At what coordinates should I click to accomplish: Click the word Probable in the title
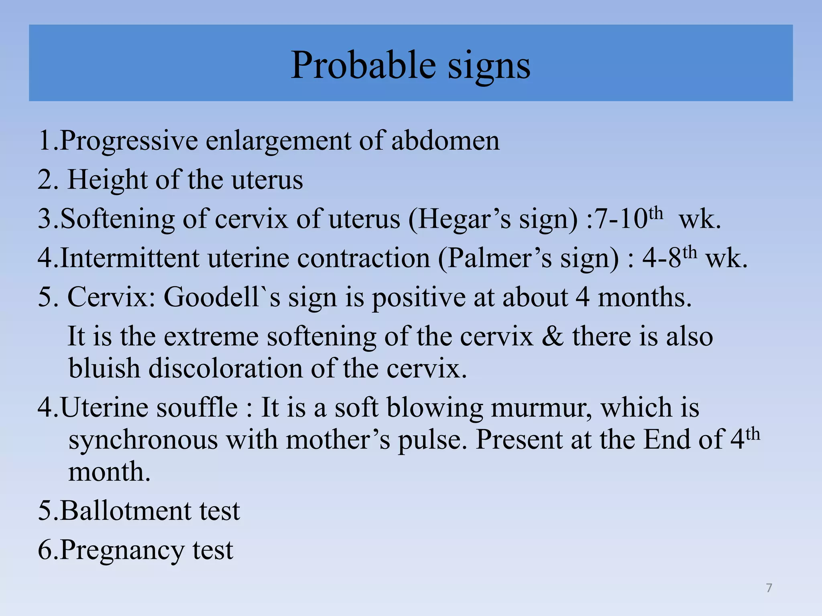(x=363, y=65)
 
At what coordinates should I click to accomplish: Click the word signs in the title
(x=489, y=66)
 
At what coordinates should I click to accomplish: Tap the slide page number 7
(x=769, y=588)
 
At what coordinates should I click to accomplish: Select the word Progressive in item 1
(x=129, y=141)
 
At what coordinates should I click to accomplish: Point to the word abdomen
(x=446, y=141)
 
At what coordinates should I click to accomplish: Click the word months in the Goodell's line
(x=645, y=297)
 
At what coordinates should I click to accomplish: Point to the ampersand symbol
(x=553, y=336)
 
